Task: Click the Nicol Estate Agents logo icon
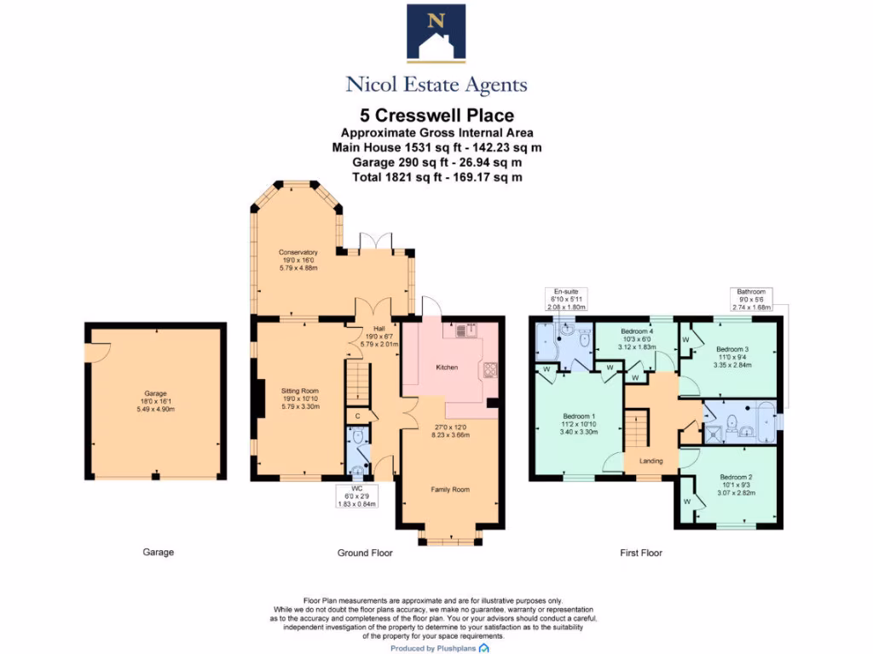(x=436, y=33)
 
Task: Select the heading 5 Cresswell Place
(x=436, y=115)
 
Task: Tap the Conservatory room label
(x=298, y=252)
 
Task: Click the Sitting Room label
(x=299, y=389)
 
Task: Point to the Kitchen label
(x=447, y=367)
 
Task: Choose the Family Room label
(x=449, y=490)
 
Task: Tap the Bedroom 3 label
(x=732, y=349)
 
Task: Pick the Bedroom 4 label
(x=637, y=331)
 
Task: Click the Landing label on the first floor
(x=650, y=461)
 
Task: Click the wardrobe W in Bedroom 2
(x=687, y=502)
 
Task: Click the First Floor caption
(x=640, y=553)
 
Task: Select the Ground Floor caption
(x=365, y=553)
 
